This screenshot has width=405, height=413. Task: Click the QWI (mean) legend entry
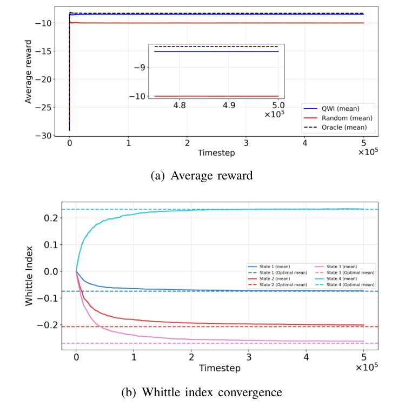click(x=337, y=108)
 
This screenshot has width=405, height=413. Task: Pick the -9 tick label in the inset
click(x=141, y=68)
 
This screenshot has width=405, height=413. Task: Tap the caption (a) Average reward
click(x=202, y=175)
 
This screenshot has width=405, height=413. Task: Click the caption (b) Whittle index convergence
click(x=202, y=392)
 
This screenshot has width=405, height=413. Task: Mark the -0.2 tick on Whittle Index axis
click(x=49, y=325)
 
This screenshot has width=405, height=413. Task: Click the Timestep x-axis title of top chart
click(x=216, y=153)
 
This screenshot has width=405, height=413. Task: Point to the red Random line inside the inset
click(x=216, y=96)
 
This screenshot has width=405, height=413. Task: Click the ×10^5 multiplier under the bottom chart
click(x=366, y=367)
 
